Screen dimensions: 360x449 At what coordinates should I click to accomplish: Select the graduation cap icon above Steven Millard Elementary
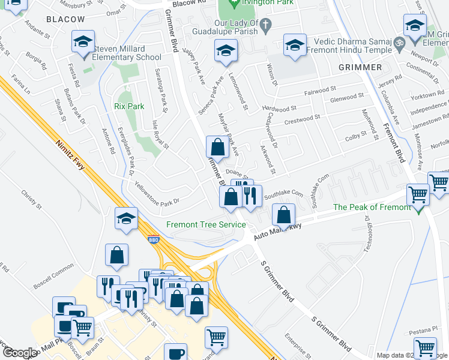pyautogui.click(x=83, y=43)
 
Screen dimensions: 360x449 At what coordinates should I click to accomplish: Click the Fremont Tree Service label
pyautogui.click(x=206, y=224)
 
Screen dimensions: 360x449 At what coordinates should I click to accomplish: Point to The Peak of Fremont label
pyautogui.click(x=372, y=207)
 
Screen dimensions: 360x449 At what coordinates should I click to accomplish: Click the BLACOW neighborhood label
pyautogui.click(x=65, y=19)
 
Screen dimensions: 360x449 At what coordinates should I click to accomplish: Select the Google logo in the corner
pyautogui.click(x=20, y=353)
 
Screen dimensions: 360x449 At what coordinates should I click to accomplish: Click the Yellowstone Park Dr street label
pyautogui.click(x=157, y=193)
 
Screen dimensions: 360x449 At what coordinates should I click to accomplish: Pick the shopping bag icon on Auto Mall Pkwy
pyautogui.click(x=283, y=214)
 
